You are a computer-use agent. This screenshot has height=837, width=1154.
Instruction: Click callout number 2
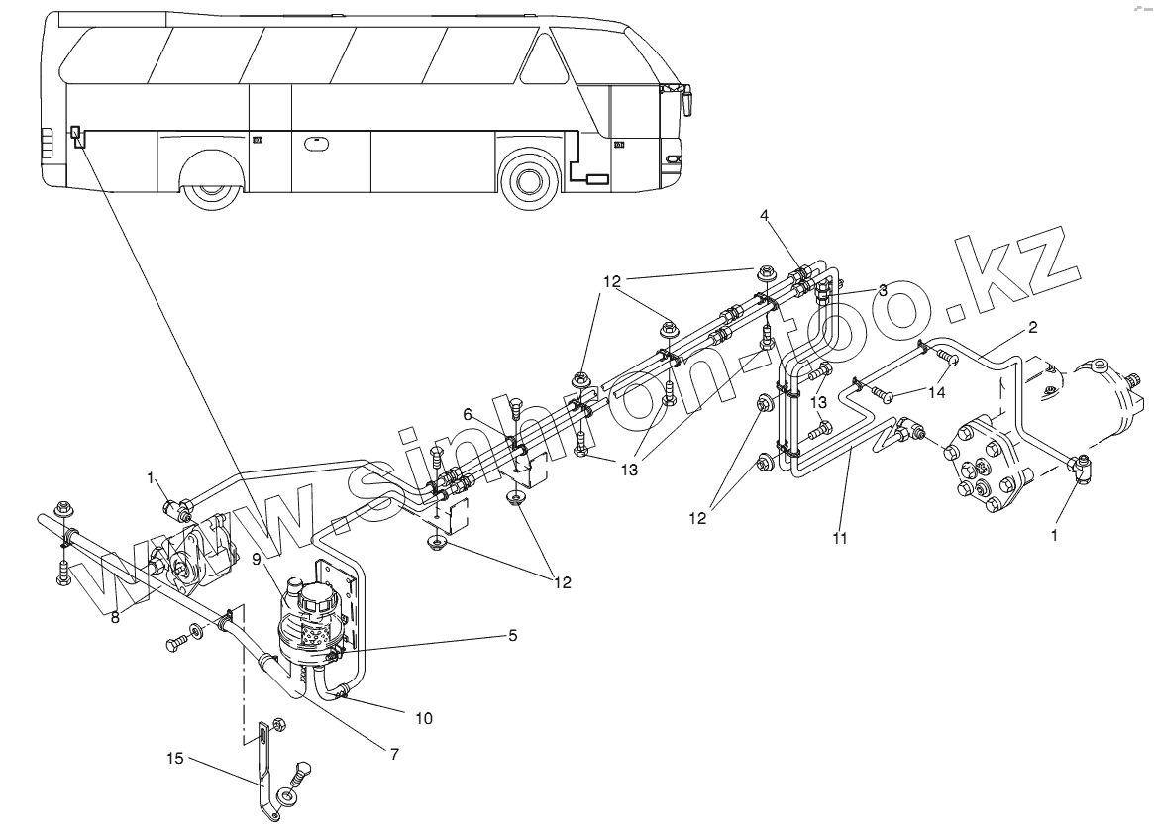[x=1032, y=328]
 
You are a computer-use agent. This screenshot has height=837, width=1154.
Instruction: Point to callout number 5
[x=512, y=634]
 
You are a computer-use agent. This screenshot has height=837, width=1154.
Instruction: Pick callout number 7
[x=393, y=754]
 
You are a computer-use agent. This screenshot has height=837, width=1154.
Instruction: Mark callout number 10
[x=423, y=716]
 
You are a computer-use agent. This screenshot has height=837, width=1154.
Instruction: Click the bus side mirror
[x=685, y=100]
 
